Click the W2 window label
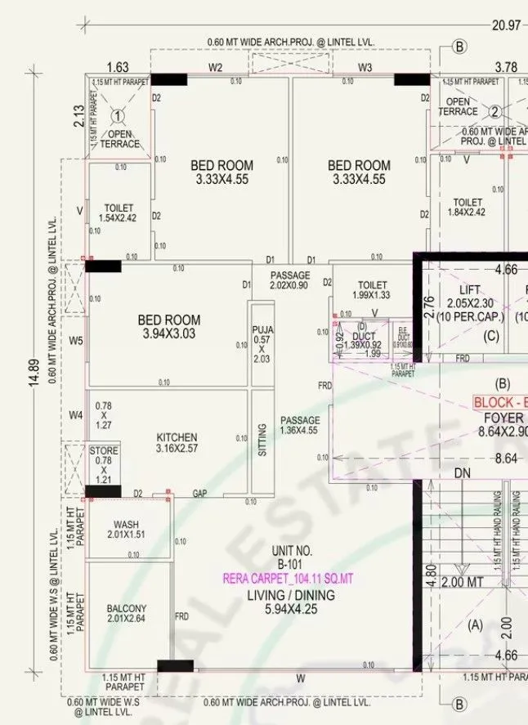point(216,68)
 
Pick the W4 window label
point(76,415)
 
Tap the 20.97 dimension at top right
point(505,25)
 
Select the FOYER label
point(501,416)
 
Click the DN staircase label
point(462,473)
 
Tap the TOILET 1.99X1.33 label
point(372,290)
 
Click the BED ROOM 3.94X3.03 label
point(169,326)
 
